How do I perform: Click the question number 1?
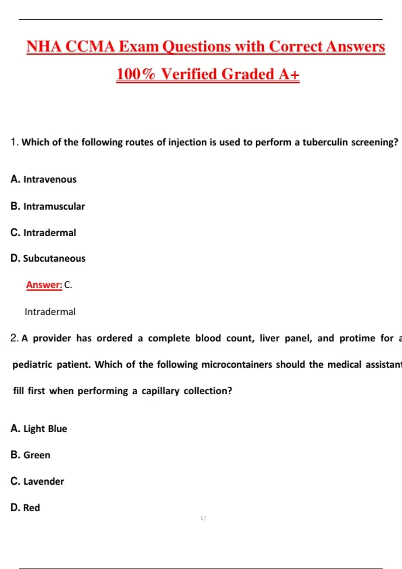coord(14,142)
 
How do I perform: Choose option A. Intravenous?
coord(44,179)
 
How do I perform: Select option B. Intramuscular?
coord(48,206)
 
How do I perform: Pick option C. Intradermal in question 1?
coord(43,233)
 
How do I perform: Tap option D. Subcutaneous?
coord(48,258)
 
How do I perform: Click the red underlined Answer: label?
coord(44,285)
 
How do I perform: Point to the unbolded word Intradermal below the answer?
coord(50,312)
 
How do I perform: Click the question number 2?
coord(14,338)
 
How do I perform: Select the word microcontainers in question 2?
coord(237,364)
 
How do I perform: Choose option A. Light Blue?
coord(39,429)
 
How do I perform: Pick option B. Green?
coord(30,455)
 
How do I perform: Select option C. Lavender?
coord(37,481)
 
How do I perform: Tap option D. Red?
coord(25,508)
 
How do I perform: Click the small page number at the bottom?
coord(203,518)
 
